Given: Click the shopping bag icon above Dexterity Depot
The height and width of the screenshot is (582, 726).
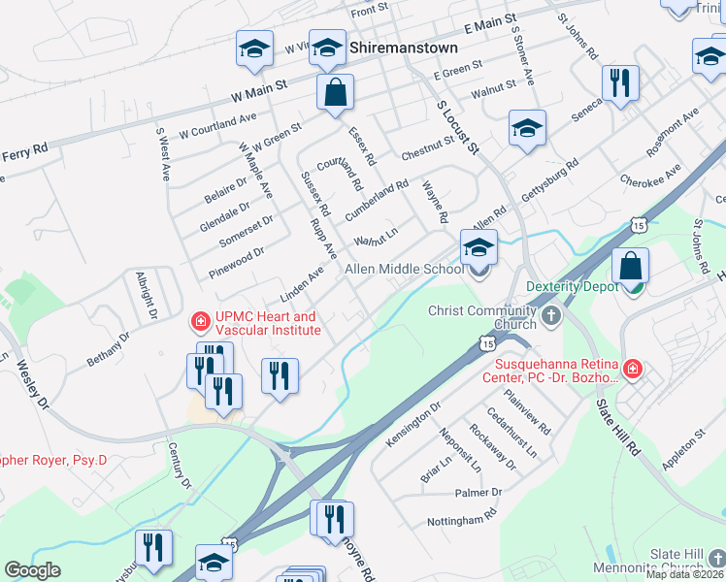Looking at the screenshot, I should [x=631, y=265].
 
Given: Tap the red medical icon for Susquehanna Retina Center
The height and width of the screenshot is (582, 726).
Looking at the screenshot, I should [x=632, y=369].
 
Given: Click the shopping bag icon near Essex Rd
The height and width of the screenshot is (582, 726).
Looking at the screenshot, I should [x=335, y=93].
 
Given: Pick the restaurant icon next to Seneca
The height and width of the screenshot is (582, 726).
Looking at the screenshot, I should [x=618, y=82].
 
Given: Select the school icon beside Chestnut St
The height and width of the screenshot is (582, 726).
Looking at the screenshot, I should [x=527, y=127].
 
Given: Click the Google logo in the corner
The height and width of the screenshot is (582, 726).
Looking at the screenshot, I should [x=32, y=570].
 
